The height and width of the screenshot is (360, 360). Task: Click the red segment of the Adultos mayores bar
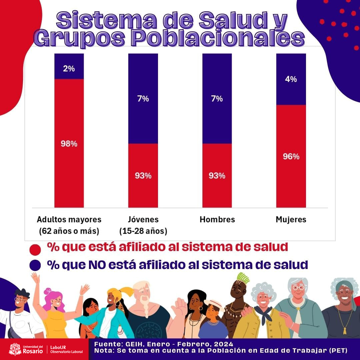coord(69,173)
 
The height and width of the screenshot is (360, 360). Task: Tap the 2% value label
coord(69,69)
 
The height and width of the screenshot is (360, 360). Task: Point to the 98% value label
coord(69,144)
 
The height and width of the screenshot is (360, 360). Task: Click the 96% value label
coord(291,156)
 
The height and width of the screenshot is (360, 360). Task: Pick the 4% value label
coord(291,79)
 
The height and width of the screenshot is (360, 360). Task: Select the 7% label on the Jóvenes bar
coord(143,99)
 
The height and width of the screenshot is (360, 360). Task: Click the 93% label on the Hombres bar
coord(217,176)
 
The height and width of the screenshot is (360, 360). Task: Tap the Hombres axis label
coord(217,219)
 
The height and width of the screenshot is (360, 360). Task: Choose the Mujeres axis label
coord(291,219)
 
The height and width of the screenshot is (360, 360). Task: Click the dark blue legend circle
coord(35,265)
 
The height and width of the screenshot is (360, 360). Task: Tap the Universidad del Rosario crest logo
coord(15,349)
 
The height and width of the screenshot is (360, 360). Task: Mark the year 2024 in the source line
coord(223,344)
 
